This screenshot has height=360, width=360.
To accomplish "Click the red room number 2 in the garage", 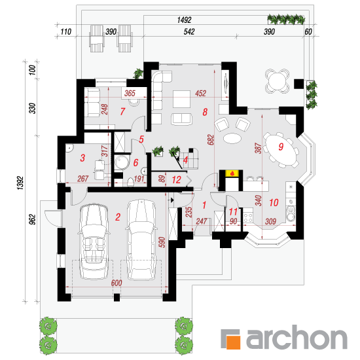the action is click(118, 217).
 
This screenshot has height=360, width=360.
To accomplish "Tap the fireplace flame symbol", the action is click(233, 173).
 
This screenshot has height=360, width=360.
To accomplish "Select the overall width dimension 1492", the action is click(184, 20).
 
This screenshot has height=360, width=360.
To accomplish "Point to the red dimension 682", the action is click(211, 140).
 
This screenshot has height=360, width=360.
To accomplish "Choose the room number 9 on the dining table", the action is click(281, 147).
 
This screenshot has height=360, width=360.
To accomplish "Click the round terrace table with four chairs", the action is click(277, 81).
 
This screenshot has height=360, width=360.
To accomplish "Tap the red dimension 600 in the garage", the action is click(117, 283).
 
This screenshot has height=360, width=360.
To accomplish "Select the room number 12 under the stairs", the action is click(177, 180).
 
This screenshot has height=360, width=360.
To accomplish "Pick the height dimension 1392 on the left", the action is click(20, 183).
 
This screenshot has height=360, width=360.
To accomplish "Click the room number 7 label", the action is click(122, 111).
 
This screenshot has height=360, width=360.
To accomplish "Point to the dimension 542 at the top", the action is click(189, 31).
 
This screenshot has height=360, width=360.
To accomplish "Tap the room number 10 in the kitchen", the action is click(274, 203).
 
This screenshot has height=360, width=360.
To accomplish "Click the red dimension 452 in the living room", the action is click(201, 93).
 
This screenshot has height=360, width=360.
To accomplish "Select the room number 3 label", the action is click(82, 158).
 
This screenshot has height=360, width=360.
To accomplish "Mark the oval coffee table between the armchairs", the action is click(232, 138).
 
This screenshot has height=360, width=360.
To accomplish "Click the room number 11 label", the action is click(233, 211).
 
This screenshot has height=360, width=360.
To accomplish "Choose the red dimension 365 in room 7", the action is click(130, 93).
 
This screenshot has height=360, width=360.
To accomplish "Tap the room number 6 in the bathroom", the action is click(135, 162).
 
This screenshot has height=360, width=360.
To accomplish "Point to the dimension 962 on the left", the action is click(33, 219).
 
